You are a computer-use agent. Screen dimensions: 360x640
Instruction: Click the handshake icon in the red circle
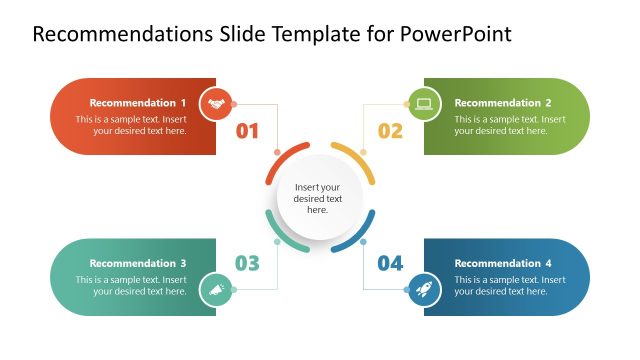215,103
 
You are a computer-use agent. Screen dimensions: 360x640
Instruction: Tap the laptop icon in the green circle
423,103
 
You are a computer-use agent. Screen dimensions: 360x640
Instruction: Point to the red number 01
247,131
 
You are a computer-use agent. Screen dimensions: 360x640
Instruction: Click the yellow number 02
390,131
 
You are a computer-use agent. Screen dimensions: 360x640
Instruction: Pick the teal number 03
247,264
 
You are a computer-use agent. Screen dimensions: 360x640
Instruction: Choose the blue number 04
390,264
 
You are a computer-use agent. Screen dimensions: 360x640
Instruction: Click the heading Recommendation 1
138,103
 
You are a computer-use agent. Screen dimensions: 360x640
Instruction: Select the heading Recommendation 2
503,103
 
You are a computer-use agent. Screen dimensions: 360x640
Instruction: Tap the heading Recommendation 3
138,264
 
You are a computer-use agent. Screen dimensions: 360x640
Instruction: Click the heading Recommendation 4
503,264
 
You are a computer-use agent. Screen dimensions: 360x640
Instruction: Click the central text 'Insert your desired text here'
318,198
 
